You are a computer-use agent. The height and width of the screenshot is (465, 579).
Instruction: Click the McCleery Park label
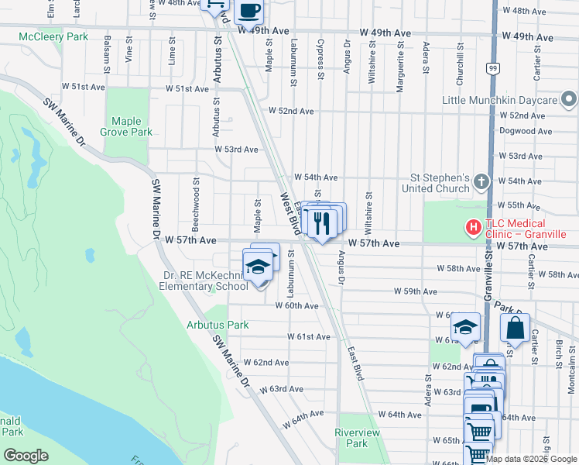point(44,36)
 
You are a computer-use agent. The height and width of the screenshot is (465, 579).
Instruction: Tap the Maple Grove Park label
point(126,126)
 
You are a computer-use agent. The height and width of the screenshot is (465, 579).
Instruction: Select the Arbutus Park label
point(218,325)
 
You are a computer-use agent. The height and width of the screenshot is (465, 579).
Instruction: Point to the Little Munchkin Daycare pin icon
point(569,100)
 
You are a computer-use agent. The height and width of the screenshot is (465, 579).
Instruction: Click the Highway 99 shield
point(492,69)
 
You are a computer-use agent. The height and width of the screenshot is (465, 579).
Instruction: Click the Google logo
point(26,456)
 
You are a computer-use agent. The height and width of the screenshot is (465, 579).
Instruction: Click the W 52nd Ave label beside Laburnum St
point(291,112)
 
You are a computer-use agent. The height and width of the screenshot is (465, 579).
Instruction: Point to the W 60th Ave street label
point(297,306)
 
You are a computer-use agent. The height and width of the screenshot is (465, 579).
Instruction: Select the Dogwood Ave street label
point(526,132)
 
